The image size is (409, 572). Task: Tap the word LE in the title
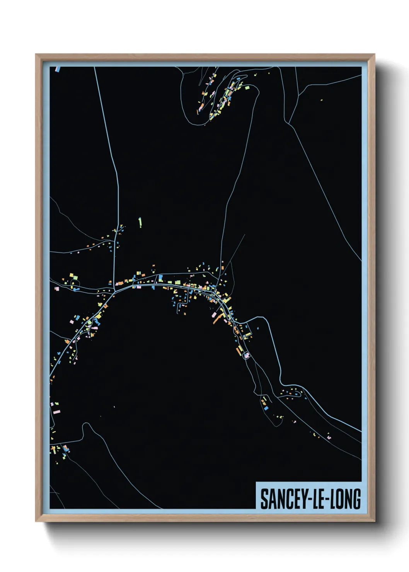319,499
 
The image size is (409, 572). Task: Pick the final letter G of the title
357,499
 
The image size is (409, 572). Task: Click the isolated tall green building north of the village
140,222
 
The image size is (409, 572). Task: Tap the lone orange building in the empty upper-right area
321,100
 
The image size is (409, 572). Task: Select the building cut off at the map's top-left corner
58,69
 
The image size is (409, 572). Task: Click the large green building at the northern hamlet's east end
247,88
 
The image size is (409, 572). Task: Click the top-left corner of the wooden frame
36,54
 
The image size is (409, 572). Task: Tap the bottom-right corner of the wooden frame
374,521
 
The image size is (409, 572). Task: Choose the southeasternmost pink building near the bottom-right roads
329,438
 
